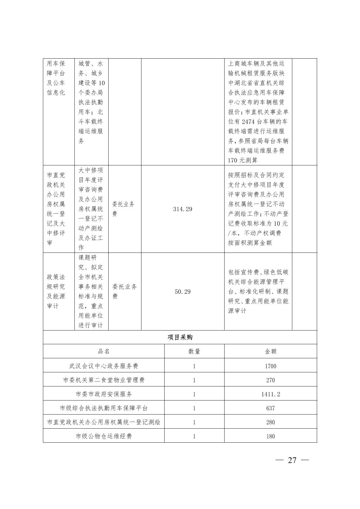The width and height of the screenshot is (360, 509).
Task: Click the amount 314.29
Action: click(183, 209)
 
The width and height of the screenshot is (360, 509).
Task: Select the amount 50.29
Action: click(183, 292)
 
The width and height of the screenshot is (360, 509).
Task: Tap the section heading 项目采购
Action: click(180, 338)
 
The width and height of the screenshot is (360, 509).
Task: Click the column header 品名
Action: click(104, 352)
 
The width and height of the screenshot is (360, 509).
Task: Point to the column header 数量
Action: click(194, 352)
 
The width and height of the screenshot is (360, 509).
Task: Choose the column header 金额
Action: click(271, 352)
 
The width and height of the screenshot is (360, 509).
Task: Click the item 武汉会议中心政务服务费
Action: click(104, 366)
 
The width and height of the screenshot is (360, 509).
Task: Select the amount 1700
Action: click(271, 366)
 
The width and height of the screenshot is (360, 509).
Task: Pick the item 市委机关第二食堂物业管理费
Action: click(104, 380)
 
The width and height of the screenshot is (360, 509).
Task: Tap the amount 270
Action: click(271, 380)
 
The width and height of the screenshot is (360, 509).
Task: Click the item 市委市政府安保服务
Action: click(104, 394)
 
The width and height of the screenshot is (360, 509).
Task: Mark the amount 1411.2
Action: click(271, 394)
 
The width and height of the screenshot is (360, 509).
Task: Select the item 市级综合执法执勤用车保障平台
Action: click(104, 408)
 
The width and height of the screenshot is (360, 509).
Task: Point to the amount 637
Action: click(271, 408)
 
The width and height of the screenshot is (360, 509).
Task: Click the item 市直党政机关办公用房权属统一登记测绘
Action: click(104, 422)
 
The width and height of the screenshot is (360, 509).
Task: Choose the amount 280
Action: click(271, 422)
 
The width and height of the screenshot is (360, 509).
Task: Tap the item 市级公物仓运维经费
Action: click(104, 436)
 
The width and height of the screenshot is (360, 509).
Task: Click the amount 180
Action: click(271, 436)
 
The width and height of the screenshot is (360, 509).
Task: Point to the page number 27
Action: click(292, 460)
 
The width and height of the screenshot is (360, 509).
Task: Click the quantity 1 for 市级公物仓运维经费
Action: click(194, 436)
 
